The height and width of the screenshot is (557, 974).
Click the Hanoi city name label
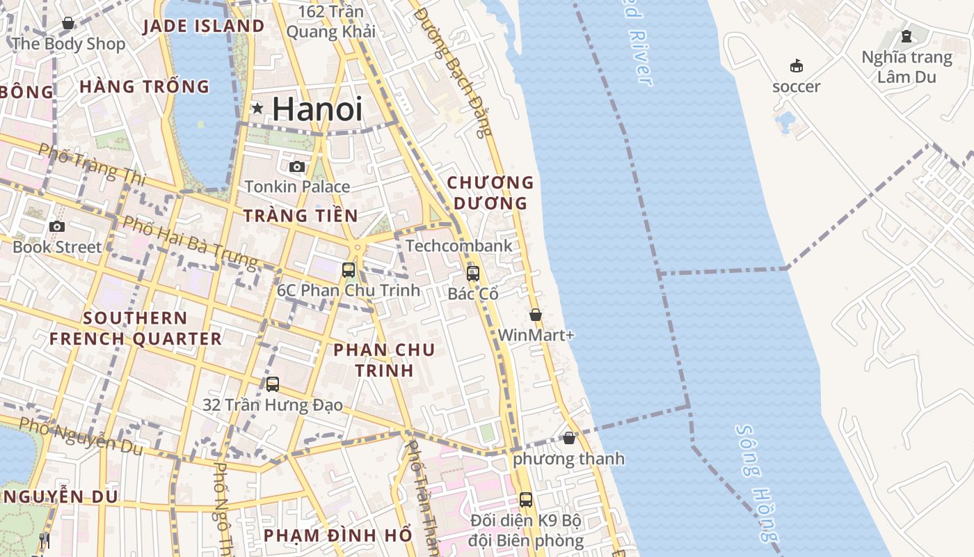click(317, 109)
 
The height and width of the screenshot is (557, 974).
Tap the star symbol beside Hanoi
click(257, 108)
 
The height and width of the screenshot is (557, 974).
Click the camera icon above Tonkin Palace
click(297, 167)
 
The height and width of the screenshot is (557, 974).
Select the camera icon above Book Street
click(57, 226)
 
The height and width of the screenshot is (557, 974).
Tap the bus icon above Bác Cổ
click(473, 273)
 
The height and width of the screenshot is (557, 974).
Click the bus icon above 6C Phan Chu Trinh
click(349, 269)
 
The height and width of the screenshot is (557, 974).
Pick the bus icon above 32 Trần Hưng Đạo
click(273, 384)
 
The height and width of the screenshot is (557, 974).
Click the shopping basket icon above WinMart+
click(536, 315)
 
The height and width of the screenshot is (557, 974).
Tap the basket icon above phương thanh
click(569, 438)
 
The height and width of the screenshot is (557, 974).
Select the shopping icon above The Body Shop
click(68, 24)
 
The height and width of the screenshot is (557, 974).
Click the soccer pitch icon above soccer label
click(797, 66)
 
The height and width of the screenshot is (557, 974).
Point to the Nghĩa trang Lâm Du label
click(907, 67)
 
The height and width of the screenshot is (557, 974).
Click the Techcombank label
click(458, 246)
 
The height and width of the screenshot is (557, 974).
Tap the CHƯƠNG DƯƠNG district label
click(490, 193)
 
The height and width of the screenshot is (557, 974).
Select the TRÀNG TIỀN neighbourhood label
click(301, 216)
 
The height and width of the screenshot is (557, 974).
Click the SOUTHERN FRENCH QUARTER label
click(135, 329)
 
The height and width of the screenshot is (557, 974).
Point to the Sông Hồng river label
click(756, 483)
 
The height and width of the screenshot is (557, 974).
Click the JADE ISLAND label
click(203, 26)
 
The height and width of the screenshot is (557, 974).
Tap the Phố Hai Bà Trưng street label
click(189, 242)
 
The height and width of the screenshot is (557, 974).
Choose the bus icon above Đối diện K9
click(526, 499)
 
